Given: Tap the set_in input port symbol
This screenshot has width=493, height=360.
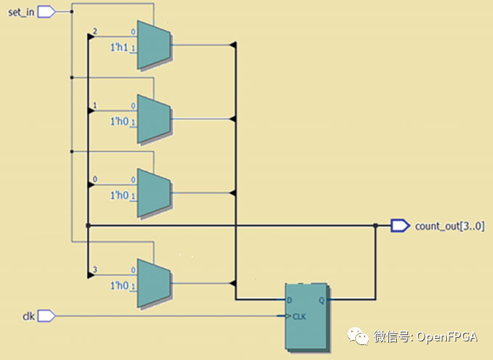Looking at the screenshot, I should (x=46, y=11).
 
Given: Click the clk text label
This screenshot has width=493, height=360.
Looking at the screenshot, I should (x=28, y=315).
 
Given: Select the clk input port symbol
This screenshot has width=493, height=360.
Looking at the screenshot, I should (x=46, y=315).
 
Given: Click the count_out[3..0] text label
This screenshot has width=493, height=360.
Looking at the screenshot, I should (x=449, y=226).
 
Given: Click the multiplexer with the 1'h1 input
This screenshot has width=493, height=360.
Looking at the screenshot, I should (x=153, y=45).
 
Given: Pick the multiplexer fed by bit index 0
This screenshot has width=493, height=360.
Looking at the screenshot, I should (x=153, y=188).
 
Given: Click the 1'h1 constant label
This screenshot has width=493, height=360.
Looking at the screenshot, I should (x=118, y=46).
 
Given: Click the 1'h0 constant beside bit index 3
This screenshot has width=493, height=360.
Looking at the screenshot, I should (x=118, y=285).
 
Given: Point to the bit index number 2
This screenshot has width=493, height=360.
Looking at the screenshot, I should (x=94, y=31).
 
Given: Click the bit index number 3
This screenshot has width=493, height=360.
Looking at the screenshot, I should (x=94, y=270).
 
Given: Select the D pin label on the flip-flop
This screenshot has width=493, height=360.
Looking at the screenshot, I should (x=290, y=300).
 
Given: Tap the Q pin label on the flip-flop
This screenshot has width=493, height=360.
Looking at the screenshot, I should (x=322, y=300).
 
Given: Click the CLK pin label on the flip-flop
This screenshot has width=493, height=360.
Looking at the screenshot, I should (x=299, y=316).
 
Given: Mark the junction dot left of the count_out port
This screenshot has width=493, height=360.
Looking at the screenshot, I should (x=376, y=226).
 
